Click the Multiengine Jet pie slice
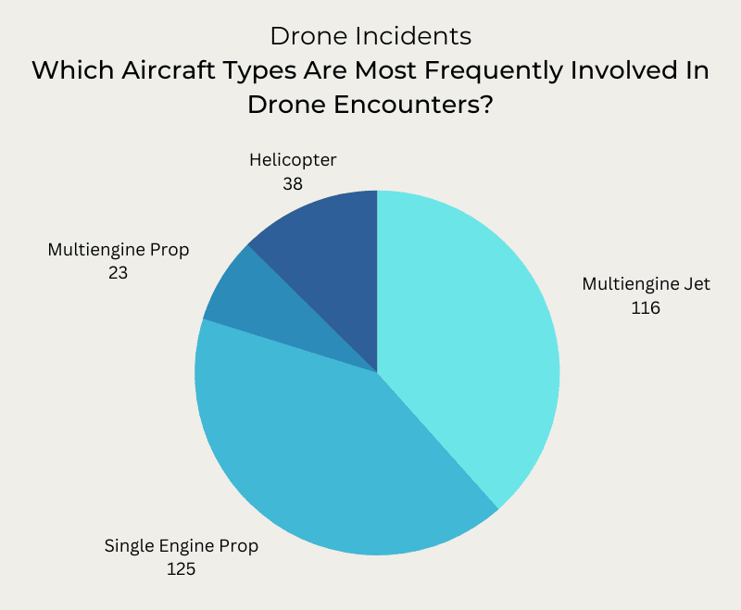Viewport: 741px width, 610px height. click(x=472, y=342)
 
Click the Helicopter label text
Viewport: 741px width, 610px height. click(x=293, y=160)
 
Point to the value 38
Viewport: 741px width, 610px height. click(x=293, y=184)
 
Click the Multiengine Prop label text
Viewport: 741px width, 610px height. click(x=118, y=250)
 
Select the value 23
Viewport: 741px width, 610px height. click(x=118, y=274)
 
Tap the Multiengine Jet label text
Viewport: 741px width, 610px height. click(x=646, y=284)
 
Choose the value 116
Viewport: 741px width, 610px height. click(x=646, y=308)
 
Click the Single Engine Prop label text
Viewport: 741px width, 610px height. click(x=182, y=546)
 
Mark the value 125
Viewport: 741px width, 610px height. click(x=182, y=570)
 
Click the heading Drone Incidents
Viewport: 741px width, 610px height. click(x=370, y=36)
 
